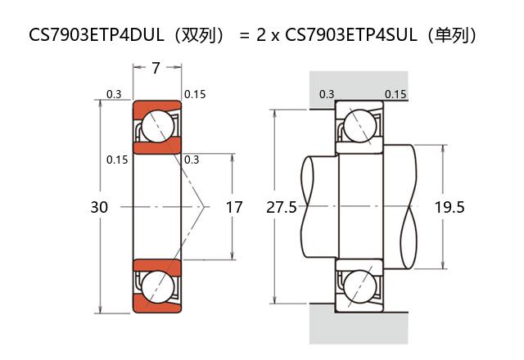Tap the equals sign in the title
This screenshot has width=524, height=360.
coord(243,35)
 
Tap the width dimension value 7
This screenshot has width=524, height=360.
coord(156,69)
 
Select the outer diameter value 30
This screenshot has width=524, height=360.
coord(98,207)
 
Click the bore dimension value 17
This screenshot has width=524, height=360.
coord(234,207)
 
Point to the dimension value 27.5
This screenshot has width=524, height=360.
coord(282,207)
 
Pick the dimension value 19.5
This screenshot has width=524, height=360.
coord(449,207)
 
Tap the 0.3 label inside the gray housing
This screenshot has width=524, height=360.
coord(327,94)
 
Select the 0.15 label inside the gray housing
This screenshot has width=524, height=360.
coord(395,94)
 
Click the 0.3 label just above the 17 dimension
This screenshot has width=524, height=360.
coord(192,160)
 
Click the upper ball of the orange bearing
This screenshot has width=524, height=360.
coord(156,126)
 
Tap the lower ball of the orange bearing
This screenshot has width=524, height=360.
coord(156,287)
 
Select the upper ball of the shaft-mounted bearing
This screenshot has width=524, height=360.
coord(359,126)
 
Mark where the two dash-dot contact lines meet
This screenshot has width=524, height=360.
coord(204,207)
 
